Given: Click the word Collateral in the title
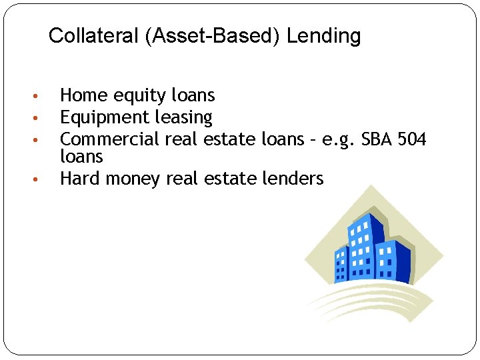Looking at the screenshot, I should (x=94, y=36).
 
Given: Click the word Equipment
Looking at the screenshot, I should (x=105, y=118).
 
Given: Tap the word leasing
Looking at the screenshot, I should (x=183, y=118).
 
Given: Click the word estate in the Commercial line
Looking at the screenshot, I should (x=231, y=139).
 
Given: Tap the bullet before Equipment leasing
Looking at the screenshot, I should (x=41, y=119).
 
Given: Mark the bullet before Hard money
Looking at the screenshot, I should (x=41, y=179).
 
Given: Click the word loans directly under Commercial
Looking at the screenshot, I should (x=81, y=157).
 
